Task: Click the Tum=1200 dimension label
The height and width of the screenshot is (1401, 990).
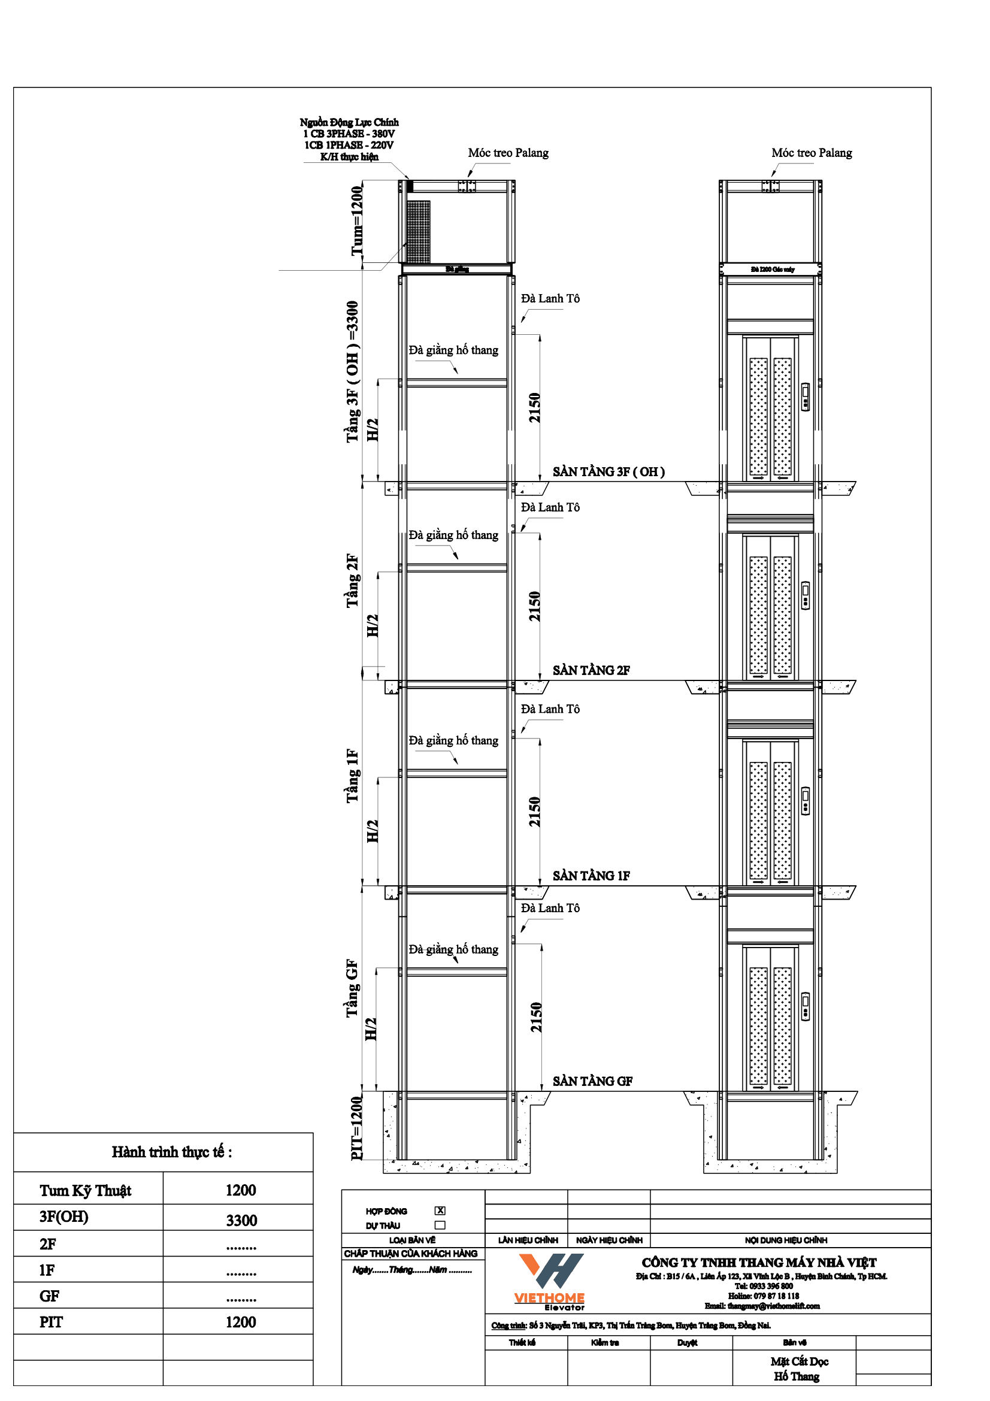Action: point(357,221)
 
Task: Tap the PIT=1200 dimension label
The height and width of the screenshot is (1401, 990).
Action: point(357,1128)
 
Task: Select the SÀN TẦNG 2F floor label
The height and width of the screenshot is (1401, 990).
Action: point(591,670)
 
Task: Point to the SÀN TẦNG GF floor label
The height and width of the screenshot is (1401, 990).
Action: point(592,1081)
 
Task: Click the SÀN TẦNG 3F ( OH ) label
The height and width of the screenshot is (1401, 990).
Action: point(608,471)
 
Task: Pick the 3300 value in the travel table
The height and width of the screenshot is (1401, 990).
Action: point(241,1220)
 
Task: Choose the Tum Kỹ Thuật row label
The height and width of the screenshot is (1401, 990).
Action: point(86,1191)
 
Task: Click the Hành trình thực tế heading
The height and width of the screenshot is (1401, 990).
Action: point(171,1151)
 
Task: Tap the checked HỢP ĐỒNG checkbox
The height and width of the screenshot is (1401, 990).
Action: point(440,1211)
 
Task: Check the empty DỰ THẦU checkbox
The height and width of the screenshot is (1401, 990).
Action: point(440,1225)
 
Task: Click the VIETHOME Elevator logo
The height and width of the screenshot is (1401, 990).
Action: point(550,1281)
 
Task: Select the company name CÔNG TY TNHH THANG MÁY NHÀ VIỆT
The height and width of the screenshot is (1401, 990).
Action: point(759,1263)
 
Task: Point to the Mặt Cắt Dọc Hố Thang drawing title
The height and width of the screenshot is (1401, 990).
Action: point(798,1369)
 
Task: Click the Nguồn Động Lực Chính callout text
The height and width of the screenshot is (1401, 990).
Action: point(349,139)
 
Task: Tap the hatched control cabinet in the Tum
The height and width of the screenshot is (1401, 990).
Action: point(419,232)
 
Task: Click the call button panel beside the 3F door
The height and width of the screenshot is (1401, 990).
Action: point(805,397)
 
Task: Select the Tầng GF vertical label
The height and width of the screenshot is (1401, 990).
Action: point(352,988)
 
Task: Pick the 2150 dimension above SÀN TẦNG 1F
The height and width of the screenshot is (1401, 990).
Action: point(534,812)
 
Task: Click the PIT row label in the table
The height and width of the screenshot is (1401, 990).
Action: point(52,1323)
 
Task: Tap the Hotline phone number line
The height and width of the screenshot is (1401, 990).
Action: point(763,1296)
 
